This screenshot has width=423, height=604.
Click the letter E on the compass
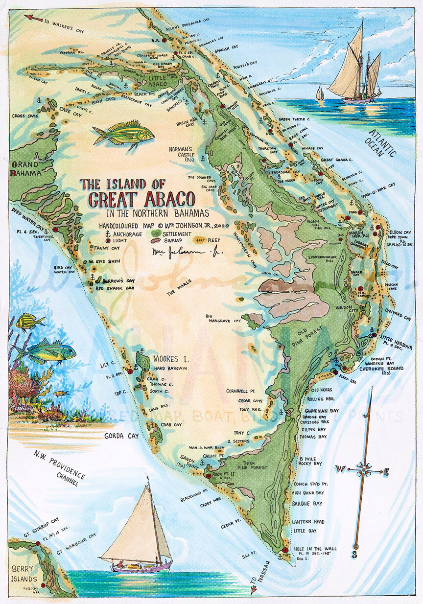point(386,472)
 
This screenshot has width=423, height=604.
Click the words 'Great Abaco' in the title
point(139,199)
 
